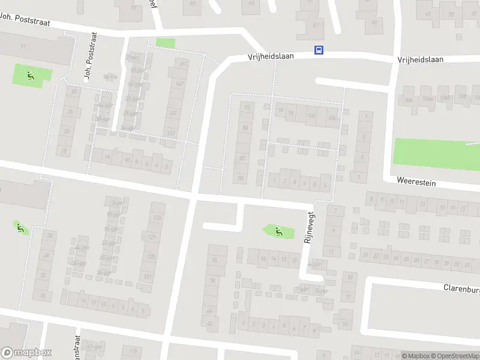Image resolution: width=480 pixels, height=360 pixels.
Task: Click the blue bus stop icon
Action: coord(319,50)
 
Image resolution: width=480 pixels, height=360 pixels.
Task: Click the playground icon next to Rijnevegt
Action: coord(278,230)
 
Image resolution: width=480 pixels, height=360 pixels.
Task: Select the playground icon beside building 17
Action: coord(30,76)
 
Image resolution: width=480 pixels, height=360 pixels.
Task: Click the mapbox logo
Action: coord(26,353)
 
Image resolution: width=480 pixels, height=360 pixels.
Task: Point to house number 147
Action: coord(178,84)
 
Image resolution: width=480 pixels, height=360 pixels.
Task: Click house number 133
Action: coord(157,217)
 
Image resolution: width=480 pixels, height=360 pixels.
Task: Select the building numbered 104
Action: coord(332,118)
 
